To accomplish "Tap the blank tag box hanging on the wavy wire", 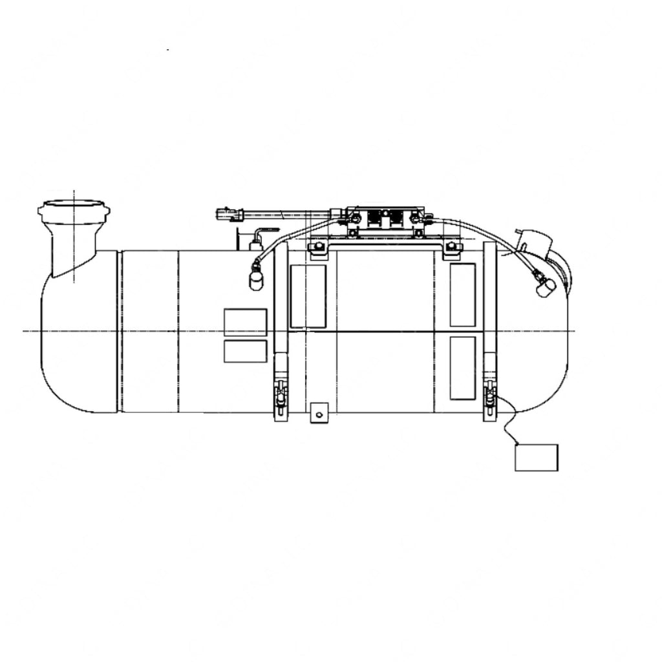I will point(536,457).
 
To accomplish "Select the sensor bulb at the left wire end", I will point(257,280).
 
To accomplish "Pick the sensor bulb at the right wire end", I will point(546,288).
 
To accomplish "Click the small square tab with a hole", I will point(319,412).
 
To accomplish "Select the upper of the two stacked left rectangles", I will point(245,322).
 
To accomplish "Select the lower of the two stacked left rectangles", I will point(245,351).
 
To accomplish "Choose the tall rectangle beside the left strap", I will point(308,296).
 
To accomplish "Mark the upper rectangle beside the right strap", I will point(462,295).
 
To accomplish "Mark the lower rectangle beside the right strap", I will point(462,367).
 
